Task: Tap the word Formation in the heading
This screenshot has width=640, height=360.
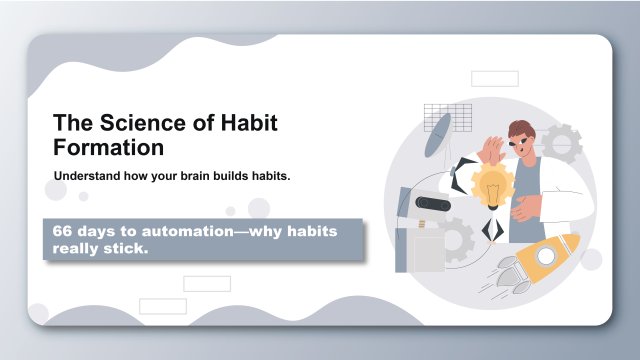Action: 108,147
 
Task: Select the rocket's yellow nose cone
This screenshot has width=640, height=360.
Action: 569,243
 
